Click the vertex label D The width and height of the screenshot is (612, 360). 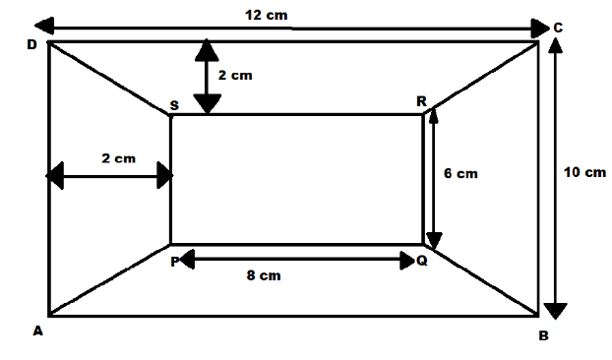pyautogui.click(x=31, y=46)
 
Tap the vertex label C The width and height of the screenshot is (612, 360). pyautogui.click(x=558, y=29)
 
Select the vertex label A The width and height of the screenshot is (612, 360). pyautogui.click(x=38, y=331)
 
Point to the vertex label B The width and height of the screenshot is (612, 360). pyautogui.click(x=543, y=335)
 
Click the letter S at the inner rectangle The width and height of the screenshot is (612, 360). pyautogui.click(x=174, y=104)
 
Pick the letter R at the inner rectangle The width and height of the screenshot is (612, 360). pyautogui.click(x=421, y=101)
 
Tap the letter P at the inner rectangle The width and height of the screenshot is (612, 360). pyautogui.click(x=174, y=261)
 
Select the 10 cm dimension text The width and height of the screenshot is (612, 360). pyautogui.click(x=584, y=172)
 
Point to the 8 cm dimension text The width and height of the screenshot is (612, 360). pyautogui.click(x=263, y=275)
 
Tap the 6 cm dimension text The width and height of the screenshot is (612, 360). pyautogui.click(x=460, y=173)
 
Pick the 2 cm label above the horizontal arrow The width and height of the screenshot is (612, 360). pyautogui.click(x=118, y=157)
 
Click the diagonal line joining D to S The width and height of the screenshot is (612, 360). pyautogui.click(x=109, y=79)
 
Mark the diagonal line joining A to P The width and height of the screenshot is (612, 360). pyautogui.click(x=109, y=280)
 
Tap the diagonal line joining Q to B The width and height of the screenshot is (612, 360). pyautogui.click(x=482, y=280)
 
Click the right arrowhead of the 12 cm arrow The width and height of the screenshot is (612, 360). pyautogui.click(x=539, y=27)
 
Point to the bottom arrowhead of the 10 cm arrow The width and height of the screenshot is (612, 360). pyautogui.click(x=556, y=311)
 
